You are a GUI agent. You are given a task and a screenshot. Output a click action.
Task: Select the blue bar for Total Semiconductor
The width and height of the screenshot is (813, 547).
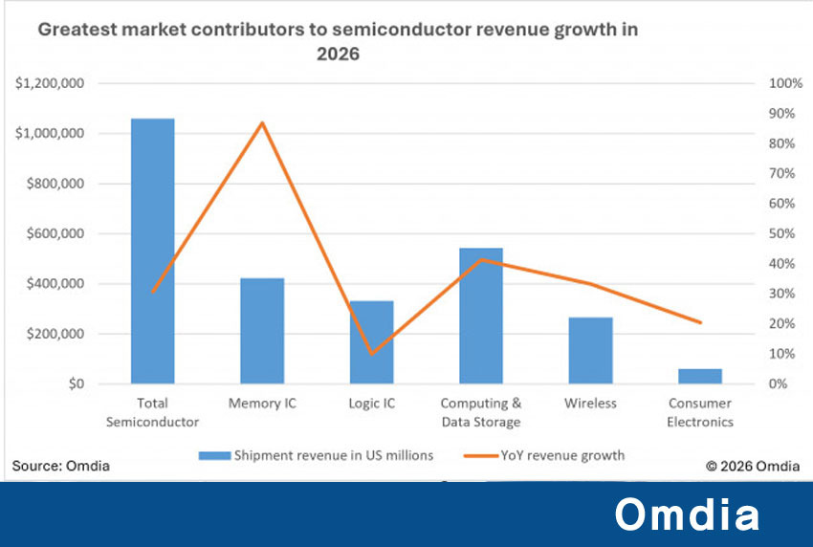[x=152, y=251]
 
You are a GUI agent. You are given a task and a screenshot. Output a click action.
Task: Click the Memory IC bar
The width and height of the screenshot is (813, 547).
[x=262, y=331]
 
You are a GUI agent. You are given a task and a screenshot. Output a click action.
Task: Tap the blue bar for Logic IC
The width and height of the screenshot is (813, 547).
[x=371, y=342]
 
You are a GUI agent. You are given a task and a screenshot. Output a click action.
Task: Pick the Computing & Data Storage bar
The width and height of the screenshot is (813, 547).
[x=481, y=316]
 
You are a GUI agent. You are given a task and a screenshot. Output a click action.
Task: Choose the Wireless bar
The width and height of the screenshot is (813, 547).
[x=590, y=351]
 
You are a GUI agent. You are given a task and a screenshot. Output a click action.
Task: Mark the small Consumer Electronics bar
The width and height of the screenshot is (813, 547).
[x=700, y=376]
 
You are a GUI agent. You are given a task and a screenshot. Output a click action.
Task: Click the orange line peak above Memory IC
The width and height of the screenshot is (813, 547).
[x=262, y=122]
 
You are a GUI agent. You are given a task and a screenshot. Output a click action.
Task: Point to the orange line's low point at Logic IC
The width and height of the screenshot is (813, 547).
[x=372, y=354]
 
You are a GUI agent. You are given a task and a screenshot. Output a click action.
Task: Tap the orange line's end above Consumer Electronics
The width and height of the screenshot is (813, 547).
[x=700, y=322]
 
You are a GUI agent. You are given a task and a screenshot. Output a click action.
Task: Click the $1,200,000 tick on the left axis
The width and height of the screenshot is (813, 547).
[x=50, y=83]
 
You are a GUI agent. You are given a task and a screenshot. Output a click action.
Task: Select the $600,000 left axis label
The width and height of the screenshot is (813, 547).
[x=55, y=233]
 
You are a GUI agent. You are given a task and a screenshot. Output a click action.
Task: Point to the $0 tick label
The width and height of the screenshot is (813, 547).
[x=77, y=383]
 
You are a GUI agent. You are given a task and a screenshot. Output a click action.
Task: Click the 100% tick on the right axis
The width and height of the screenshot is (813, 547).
[x=785, y=83]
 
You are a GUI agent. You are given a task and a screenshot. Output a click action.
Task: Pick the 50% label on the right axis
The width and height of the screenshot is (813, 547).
[x=781, y=233]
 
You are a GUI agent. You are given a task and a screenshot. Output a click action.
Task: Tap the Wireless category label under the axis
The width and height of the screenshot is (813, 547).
[x=590, y=403]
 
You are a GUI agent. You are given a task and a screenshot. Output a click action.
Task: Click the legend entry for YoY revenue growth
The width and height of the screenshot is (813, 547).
[x=544, y=455]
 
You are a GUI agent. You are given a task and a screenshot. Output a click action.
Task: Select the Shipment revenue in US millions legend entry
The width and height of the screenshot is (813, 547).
[x=316, y=455]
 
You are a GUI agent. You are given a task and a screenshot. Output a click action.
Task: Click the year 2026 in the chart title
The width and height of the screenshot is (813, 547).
[x=338, y=54]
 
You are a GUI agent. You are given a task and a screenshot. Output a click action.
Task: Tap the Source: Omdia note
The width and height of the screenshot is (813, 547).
[x=60, y=466]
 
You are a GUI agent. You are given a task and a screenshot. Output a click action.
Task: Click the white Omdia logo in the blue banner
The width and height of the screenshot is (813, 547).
[x=687, y=514]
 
